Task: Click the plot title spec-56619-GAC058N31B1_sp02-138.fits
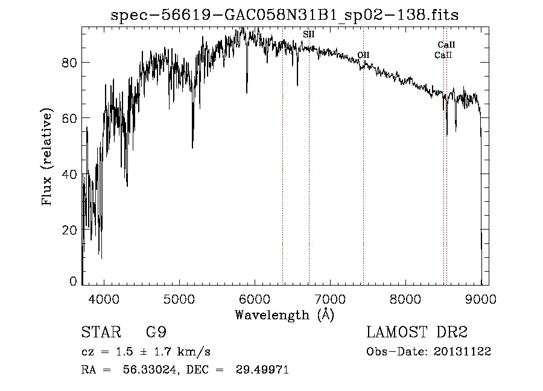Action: pyautogui.click(x=284, y=16)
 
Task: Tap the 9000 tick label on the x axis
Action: pyautogui.click(x=480, y=298)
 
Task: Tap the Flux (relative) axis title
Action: pyautogui.click(x=47, y=157)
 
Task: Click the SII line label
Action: pyautogui.click(x=308, y=35)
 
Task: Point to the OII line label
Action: pyautogui.click(x=363, y=55)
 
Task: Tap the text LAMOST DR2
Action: pyautogui.click(x=417, y=333)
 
